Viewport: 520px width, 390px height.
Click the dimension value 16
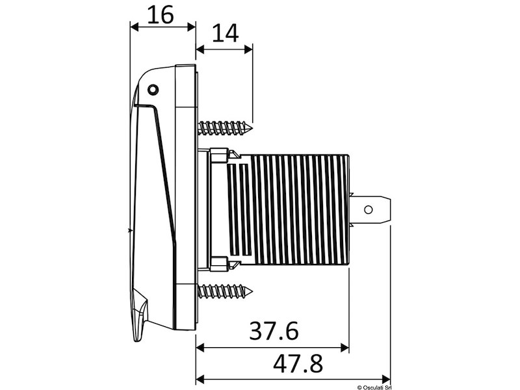[x=161, y=15]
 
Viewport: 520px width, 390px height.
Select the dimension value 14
[x=225, y=34]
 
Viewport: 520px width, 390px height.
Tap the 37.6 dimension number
[x=274, y=331]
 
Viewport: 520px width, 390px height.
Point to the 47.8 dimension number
[x=298, y=363]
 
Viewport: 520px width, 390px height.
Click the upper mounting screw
[x=225, y=127]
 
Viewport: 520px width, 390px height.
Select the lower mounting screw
[x=225, y=291]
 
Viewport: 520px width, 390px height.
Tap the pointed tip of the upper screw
[x=252, y=127]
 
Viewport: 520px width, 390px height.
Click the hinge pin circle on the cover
[x=153, y=90]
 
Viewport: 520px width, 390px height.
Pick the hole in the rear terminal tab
[x=368, y=209]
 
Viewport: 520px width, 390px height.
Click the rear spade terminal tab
[x=371, y=209]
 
